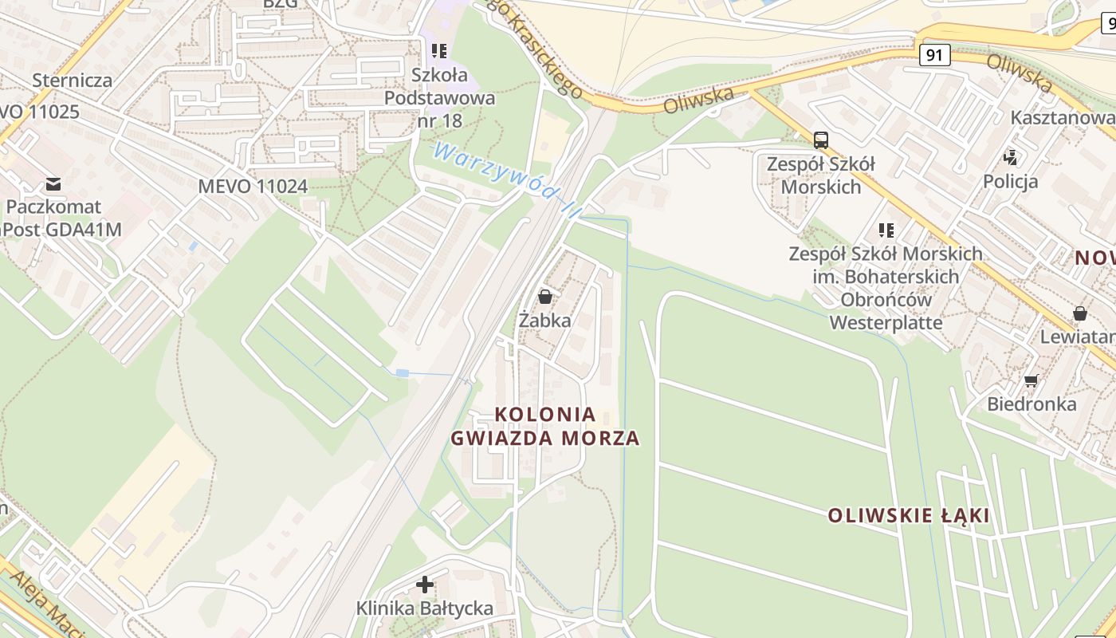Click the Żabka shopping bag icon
[545, 297]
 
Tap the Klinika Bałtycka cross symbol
[425, 585]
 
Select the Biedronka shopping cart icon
[1031, 380]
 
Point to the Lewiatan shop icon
[1079, 313]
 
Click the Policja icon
[1011, 157]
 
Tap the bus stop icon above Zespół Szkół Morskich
[821, 140]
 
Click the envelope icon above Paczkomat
[53, 184]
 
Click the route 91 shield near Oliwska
[934, 55]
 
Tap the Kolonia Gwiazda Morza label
[545, 426]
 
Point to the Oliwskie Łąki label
[909, 515]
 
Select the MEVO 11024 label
[253, 187]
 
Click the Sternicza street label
[72, 81]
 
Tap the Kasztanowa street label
[1062, 117]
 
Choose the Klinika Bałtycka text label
[425, 608]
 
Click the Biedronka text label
[1032, 404]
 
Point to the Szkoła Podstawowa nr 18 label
[439, 98]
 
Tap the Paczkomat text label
[53, 207]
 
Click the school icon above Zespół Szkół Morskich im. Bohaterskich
[886, 230]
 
